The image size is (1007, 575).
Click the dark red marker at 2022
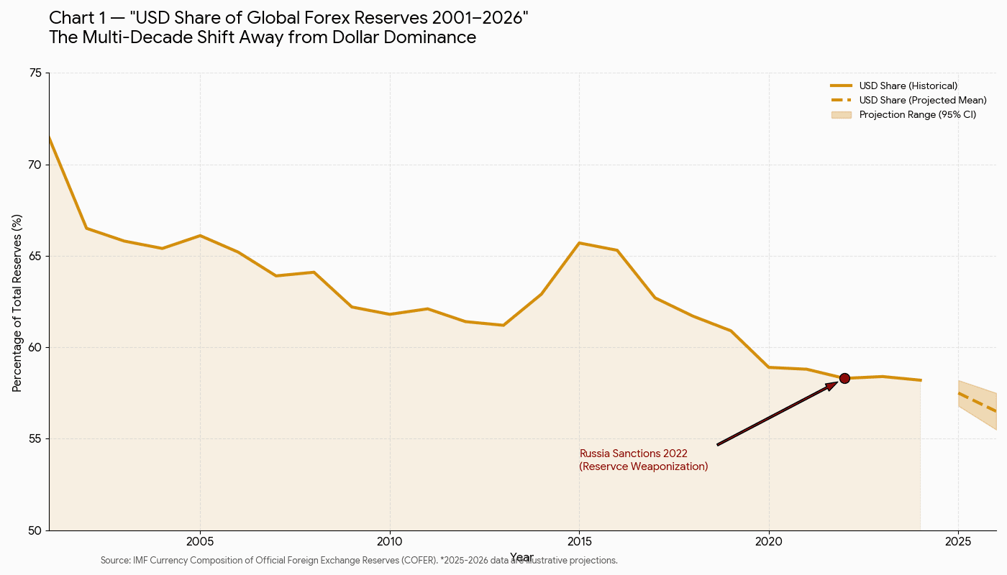844,379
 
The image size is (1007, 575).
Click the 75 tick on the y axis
35,73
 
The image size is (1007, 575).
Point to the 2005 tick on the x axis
200,540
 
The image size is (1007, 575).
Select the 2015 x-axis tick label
579,540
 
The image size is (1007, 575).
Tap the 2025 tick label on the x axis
958,540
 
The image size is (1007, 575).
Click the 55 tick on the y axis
35,439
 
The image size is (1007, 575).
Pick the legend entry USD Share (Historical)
908,86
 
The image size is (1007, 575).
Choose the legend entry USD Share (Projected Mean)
922,101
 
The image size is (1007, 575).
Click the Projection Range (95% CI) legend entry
917,115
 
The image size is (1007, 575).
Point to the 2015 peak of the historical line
579,243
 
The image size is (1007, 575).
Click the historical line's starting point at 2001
50,137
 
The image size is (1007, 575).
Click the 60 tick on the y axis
35,348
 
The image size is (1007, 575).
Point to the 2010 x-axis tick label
389,540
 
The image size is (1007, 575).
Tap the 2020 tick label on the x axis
769,540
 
